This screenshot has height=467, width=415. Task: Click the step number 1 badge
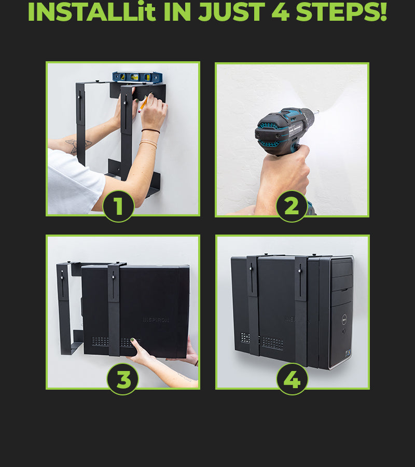point(118,206)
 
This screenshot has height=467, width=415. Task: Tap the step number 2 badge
point(292,206)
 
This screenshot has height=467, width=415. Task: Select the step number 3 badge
point(122,379)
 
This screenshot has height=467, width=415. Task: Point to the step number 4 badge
point(293,379)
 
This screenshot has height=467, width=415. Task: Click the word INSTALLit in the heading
point(92,12)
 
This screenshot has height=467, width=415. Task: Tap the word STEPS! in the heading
point(341,12)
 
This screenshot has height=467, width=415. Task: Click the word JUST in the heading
point(231,12)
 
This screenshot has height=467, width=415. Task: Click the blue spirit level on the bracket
point(137,77)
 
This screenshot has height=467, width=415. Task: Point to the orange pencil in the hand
point(143,104)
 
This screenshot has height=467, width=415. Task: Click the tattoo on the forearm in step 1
point(78,146)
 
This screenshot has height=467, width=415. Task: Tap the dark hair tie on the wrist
point(150,131)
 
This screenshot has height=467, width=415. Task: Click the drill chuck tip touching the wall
point(317,112)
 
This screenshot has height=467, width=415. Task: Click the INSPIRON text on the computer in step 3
point(156,320)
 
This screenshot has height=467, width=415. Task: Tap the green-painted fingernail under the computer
point(132,340)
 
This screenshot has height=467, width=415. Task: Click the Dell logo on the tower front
point(344,319)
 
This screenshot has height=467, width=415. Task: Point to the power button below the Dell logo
point(344,331)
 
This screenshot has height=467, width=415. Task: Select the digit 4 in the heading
point(280,12)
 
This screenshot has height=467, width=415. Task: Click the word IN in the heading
point(177,12)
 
